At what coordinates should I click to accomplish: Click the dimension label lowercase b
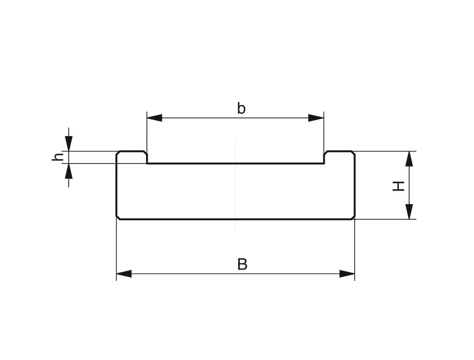[x=241, y=108]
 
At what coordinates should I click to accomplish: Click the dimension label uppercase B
[x=242, y=264]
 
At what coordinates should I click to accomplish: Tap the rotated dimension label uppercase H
[x=399, y=186]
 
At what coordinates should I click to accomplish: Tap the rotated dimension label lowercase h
[x=58, y=157]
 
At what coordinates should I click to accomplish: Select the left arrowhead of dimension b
[x=154, y=118]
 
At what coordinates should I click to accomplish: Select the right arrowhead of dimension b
[x=316, y=118]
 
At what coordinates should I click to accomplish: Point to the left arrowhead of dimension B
[x=124, y=274]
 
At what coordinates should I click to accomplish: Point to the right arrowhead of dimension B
[x=347, y=274]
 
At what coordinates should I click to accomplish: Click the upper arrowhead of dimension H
[x=409, y=159]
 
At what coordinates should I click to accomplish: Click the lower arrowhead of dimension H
[x=409, y=212]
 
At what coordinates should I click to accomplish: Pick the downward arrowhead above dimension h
[x=69, y=143]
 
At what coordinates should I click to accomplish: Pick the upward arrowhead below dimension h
[x=69, y=171]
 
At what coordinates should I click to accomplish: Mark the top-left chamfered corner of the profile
[x=118, y=153]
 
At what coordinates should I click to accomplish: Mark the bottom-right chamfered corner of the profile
[x=353, y=217]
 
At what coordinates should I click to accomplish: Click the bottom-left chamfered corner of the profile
[x=118, y=217]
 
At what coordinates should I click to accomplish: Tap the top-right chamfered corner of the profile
[x=353, y=153]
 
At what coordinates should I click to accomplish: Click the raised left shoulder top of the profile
[x=132, y=151]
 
